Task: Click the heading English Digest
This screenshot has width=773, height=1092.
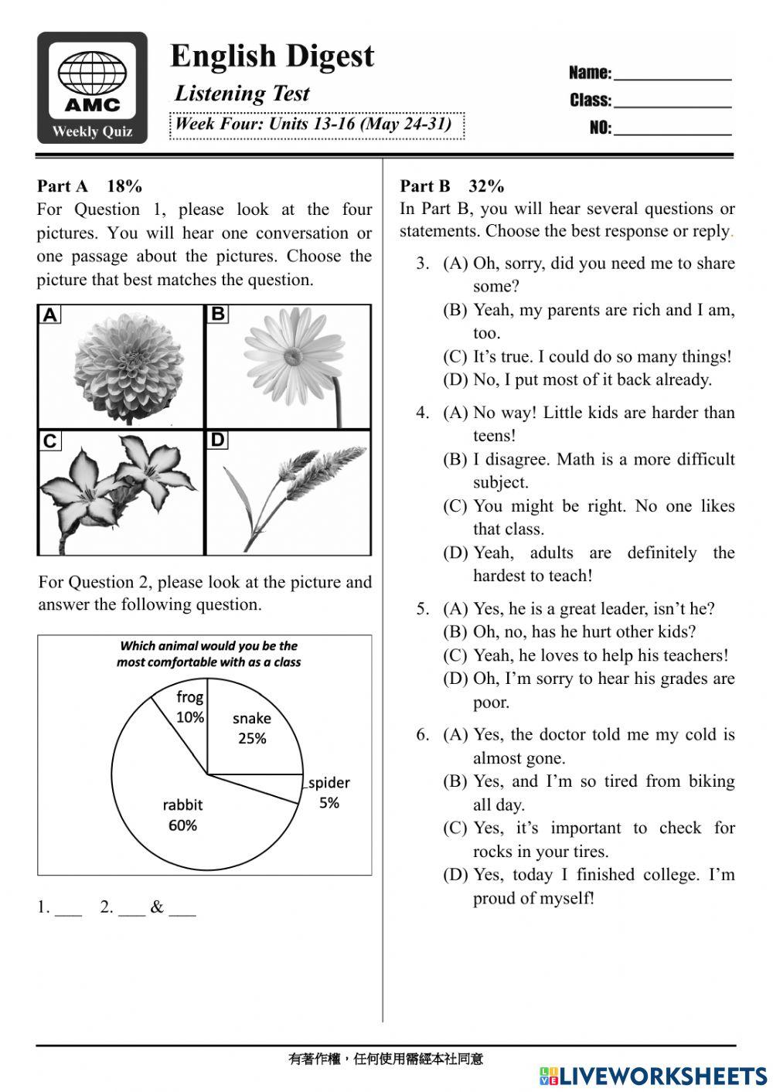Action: (x=272, y=56)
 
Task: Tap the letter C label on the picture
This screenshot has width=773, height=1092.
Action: (x=49, y=441)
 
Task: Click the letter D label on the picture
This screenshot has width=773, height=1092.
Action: (x=217, y=441)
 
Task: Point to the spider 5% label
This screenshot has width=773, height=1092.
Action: (x=329, y=793)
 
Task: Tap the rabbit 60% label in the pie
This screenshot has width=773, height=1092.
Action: (x=182, y=815)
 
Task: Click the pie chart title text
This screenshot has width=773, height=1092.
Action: (x=209, y=654)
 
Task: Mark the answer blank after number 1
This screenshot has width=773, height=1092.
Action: (x=69, y=910)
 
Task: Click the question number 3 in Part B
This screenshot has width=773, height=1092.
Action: (x=422, y=264)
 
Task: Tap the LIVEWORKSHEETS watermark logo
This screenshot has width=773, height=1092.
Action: (x=653, y=1075)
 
